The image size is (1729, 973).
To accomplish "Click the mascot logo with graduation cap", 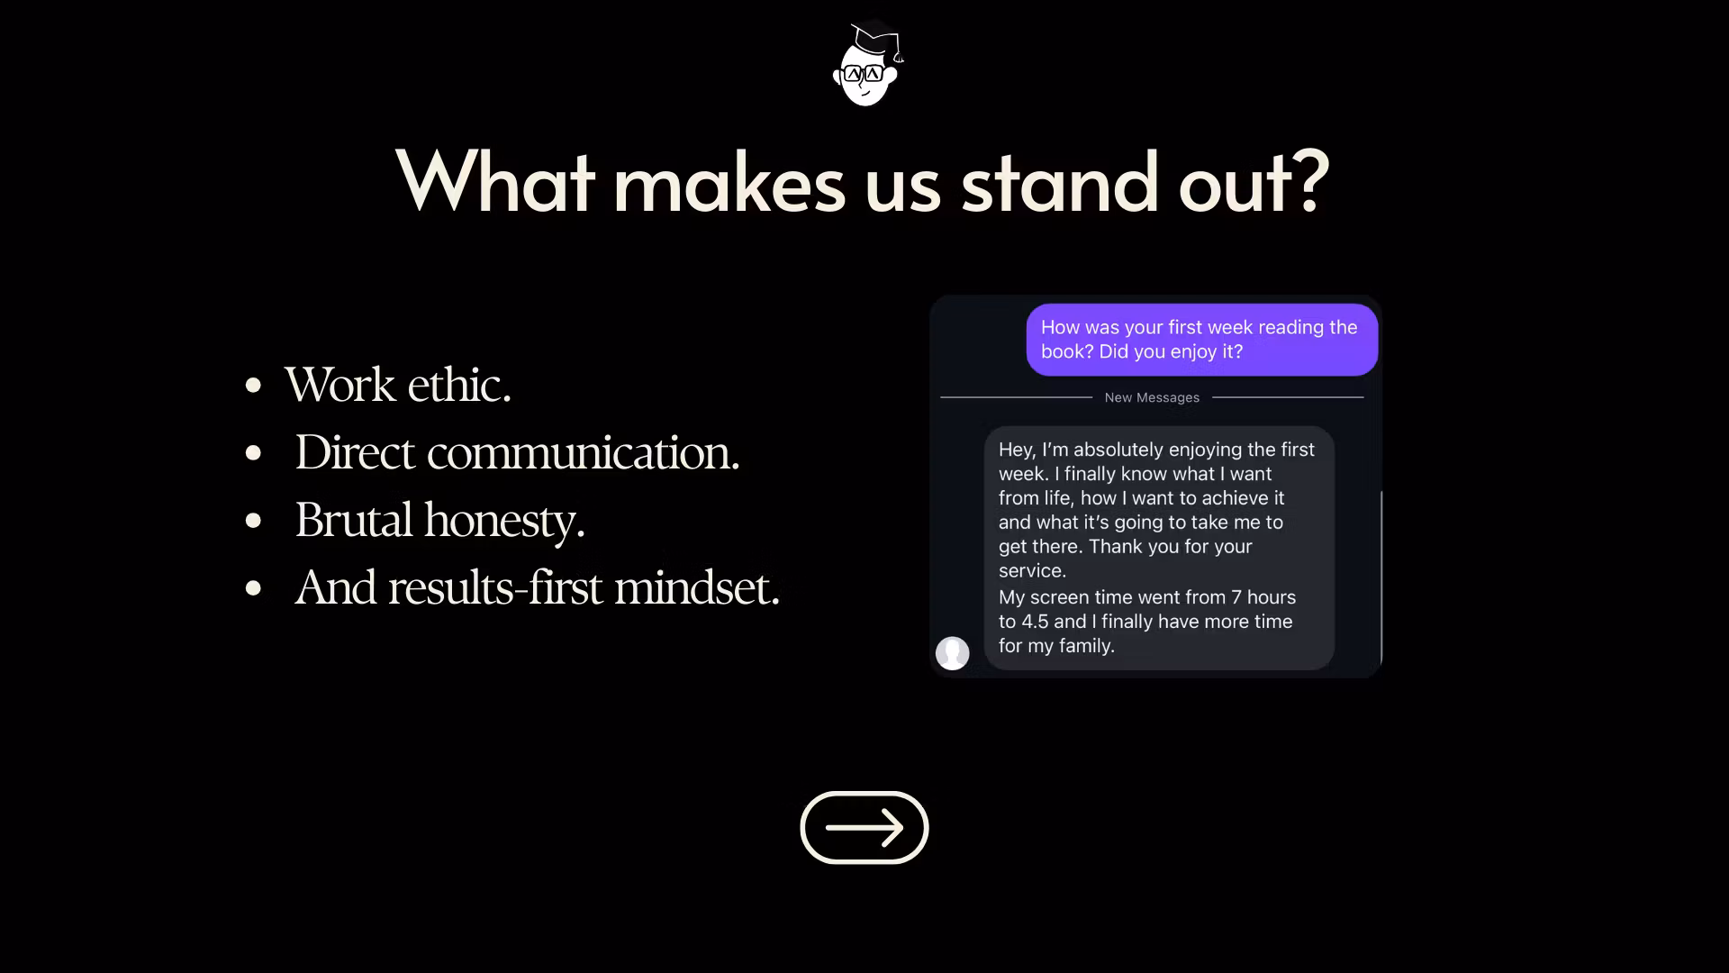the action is (866, 64).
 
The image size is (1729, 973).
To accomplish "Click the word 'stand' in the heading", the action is (1059, 183).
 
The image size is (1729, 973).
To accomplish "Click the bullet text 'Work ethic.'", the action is (397, 385).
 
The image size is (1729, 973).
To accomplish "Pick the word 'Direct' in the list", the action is (354, 452).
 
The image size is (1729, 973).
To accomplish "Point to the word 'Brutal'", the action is (353, 520).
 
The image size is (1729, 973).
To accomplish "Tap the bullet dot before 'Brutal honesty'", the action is (253, 521).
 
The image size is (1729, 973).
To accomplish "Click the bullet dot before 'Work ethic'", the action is (253, 386).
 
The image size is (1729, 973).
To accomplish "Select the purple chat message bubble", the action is (1202, 340).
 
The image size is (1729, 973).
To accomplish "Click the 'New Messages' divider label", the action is (1152, 397).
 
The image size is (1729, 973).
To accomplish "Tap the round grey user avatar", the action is (953, 653).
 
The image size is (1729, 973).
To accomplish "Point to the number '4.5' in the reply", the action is (1036, 622).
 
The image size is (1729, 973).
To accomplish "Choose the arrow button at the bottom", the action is (864, 828).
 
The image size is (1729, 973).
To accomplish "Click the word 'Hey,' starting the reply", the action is (1017, 450).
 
